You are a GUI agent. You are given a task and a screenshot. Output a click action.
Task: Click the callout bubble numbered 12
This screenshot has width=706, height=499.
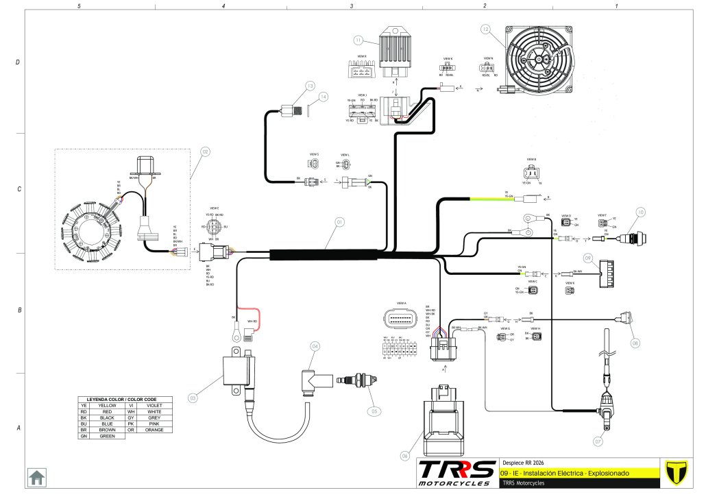click(485, 30)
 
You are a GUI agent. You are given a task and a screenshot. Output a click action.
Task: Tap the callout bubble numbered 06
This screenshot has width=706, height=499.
click(405, 455)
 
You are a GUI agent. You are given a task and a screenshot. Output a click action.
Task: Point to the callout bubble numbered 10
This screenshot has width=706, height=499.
click(640, 212)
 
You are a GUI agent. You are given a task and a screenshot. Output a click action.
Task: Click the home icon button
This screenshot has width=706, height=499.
click(36, 477)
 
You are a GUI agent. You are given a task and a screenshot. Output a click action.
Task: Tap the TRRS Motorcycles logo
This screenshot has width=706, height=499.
click(457, 472)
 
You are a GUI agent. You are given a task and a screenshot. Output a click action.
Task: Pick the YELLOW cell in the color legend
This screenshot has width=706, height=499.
click(108, 405)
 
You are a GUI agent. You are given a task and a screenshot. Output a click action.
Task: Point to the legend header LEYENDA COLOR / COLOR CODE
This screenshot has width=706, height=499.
click(125, 398)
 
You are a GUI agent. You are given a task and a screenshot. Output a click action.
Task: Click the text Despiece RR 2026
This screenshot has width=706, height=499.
click(524, 462)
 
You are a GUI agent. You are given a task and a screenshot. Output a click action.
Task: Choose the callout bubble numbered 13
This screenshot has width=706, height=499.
click(310, 86)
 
